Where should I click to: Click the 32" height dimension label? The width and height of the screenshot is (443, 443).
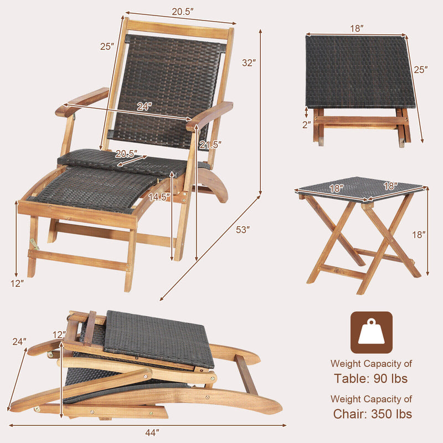[x=248, y=63]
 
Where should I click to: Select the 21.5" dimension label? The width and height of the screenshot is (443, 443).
[x=210, y=145]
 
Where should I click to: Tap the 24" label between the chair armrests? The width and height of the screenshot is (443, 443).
[x=144, y=107]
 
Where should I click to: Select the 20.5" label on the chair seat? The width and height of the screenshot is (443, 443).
[x=126, y=155]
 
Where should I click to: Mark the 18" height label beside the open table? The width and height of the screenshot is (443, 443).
[x=419, y=235]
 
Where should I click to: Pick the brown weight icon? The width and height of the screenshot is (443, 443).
[x=371, y=332]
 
